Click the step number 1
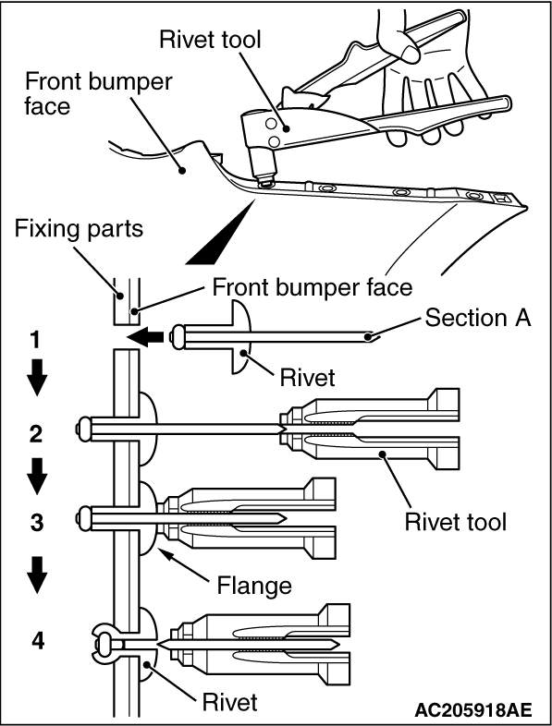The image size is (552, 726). (36, 340)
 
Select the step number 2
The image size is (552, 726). (36, 433)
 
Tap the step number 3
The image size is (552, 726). (37, 522)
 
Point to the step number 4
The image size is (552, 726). (38, 641)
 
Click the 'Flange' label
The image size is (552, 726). (254, 586)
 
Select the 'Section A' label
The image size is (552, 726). (478, 318)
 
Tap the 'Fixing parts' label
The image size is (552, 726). (79, 229)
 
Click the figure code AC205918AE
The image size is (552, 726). (473, 709)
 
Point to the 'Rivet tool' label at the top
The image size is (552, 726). (210, 40)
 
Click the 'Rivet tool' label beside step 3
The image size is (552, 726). (456, 522)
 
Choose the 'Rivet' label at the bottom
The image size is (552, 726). (229, 702)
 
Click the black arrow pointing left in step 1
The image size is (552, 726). (145, 336)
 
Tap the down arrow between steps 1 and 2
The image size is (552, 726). (36, 378)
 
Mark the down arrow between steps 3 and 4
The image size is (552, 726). (36, 575)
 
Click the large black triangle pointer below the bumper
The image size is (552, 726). (221, 233)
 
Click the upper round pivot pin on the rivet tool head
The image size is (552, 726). (270, 123)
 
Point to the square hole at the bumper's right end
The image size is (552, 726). (500, 199)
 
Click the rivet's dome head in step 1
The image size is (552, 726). (239, 336)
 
